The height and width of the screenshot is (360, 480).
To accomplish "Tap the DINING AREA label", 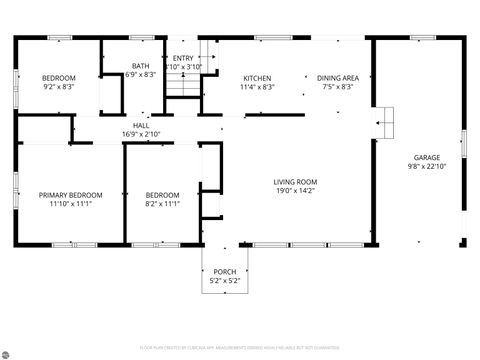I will [338, 77].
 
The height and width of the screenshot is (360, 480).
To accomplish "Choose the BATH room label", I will [141, 66].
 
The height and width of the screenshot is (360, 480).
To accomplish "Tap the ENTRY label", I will [183, 58].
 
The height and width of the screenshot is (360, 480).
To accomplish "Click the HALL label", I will [141, 125].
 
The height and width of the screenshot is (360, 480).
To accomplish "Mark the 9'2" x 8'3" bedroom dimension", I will [57, 86].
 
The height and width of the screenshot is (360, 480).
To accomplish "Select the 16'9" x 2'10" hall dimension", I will [141, 133].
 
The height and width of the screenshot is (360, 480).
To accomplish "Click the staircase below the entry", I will [183, 86].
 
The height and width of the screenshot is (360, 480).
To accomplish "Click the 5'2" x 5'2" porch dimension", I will [225, 280].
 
